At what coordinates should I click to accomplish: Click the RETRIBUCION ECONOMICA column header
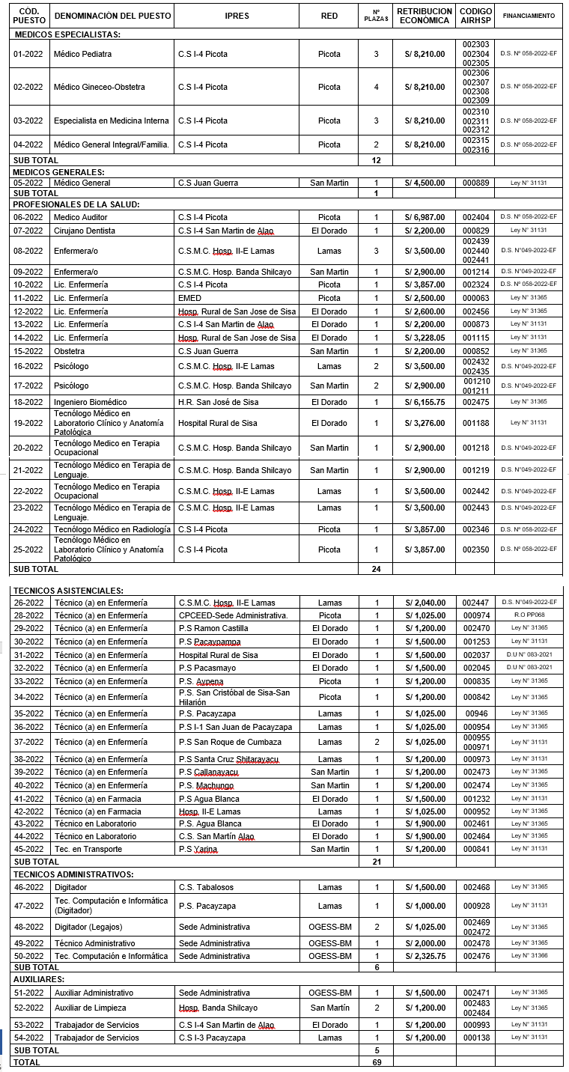[x=425, y=16]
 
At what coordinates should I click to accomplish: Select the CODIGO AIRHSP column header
[x=475, y=16]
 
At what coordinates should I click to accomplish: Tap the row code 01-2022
[x=28, y=54]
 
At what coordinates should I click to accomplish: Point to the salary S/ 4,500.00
[x=425, y=183]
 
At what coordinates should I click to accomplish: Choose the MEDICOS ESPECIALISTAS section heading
[x=67, y=34]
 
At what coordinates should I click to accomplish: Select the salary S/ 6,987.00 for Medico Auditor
[x=425, y=217]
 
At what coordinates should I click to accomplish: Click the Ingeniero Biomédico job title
[x=90, y=402]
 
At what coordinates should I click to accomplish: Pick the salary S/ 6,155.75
[x=425, y=402]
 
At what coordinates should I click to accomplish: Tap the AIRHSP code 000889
[x=475, y=183]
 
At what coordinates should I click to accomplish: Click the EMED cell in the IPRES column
[x=189, y=298]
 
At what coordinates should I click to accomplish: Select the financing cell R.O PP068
[x=529, y=615]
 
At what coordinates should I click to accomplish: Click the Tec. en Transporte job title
[x=88, y=849]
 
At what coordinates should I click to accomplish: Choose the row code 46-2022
[x=28, y=887]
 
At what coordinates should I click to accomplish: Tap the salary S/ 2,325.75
[x=425, y=956]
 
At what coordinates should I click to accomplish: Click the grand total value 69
[x=377, y=1062]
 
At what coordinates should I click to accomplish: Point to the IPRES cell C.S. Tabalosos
[x=206, y=887]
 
